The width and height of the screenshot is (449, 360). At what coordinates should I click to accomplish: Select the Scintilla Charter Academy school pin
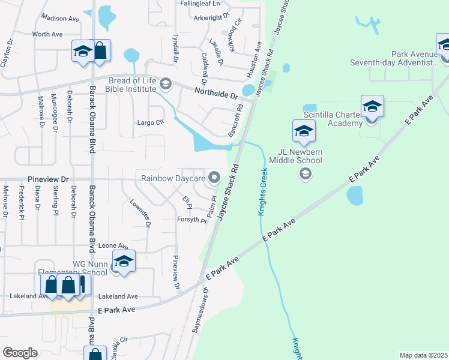[x=372, y=106]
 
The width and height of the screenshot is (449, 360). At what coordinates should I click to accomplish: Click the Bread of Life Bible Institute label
[x=131, y=85]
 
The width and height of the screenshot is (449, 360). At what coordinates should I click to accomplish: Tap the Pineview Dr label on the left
[x=49, y=179]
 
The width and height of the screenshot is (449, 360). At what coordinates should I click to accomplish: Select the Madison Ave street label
[x=61, y=19]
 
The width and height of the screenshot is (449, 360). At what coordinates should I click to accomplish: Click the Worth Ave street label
[x=47, y=34]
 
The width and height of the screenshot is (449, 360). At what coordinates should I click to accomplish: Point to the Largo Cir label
[x=151, y=122]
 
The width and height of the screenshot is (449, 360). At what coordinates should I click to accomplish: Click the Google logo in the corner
[x=20, y=353]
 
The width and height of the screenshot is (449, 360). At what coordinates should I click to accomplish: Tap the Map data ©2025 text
[x=423, y=355]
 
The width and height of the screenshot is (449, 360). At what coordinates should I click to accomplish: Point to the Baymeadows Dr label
[x=199, y=309]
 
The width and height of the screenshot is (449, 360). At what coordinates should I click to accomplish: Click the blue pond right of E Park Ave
[x=355, y=195]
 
